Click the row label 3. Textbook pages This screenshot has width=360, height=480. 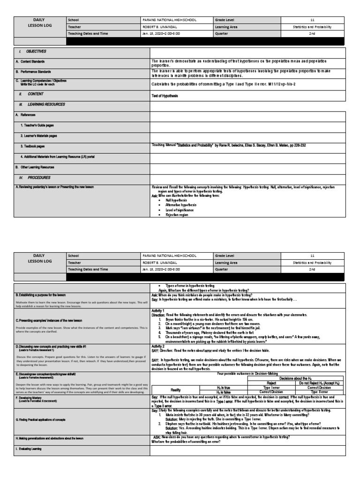coord(36,146)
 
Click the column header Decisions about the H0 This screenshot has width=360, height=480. coord(294,378)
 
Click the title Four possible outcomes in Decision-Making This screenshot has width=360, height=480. coord(247,373)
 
